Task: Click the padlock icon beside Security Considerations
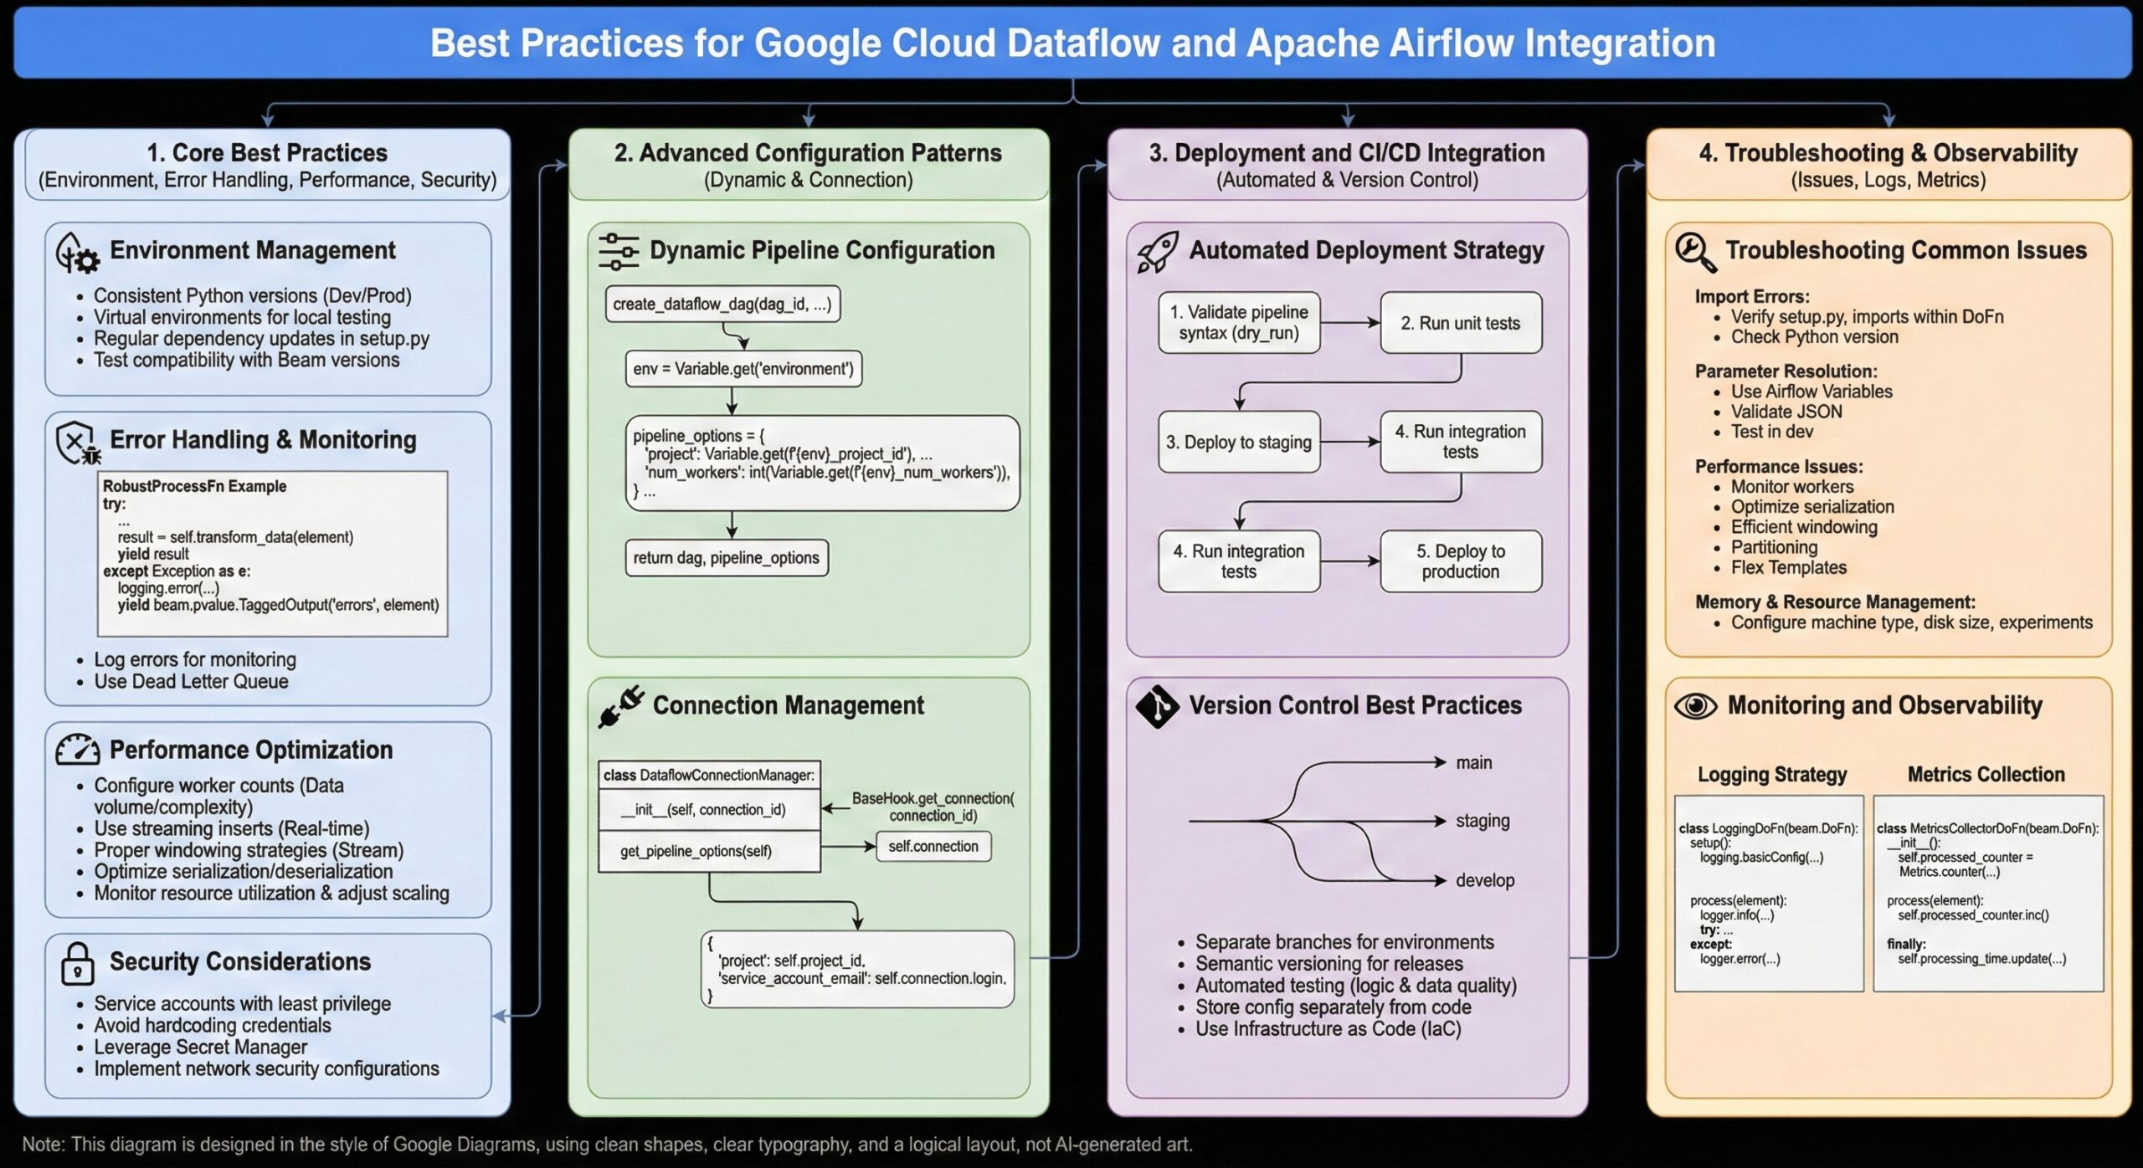tap(77, 964)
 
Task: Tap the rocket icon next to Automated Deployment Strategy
tap(1158, 252)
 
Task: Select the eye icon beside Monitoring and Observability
tap(1695, 706)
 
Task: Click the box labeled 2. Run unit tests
tap(1460, 323)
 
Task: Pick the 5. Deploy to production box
tap(1460, 561)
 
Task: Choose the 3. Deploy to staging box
tap(1238, 442)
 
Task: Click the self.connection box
tap(933, 846)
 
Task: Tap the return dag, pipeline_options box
tap(726, 558)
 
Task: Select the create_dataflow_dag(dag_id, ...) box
tap(722, 304)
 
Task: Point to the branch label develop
tap(1484, 880)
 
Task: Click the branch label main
tap(1473, 762)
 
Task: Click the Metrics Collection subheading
tap(1986, 774)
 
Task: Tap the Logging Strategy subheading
tap(1771, 774)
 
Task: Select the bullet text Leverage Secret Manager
tap(200, 1047)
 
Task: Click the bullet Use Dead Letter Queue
tap(191, 681)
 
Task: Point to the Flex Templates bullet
tap(1788, 567)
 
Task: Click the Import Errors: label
tap(1751, 296)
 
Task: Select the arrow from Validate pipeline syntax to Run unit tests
tap(1349, 322)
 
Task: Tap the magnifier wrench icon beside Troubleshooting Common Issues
tap(1695, 252)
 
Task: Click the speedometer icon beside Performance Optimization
tap(77, 750)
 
